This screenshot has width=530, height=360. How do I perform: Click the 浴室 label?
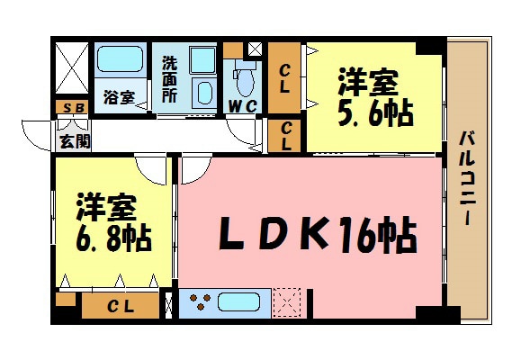(121, 97)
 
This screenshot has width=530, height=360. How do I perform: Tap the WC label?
(243, 107)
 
